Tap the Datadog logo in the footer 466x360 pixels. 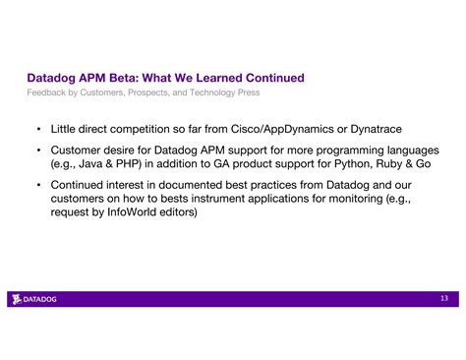pos(34,299)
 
